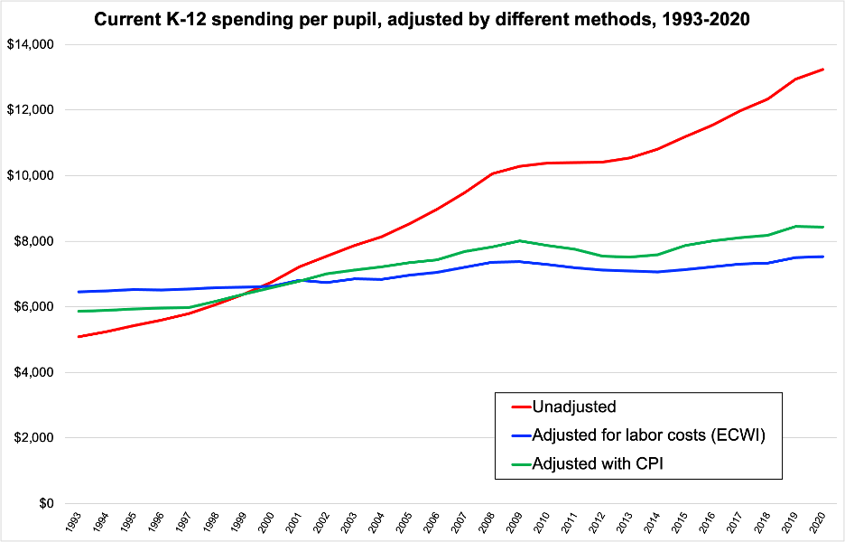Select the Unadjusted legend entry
click(x=573, y=407)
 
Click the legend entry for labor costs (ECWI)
click(x=648, y=435)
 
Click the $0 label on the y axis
click(x=42, y=503)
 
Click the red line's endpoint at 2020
click(x=822, y=70)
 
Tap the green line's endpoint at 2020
click(x=822, y=227)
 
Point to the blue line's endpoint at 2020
click(x=822, y=257)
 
